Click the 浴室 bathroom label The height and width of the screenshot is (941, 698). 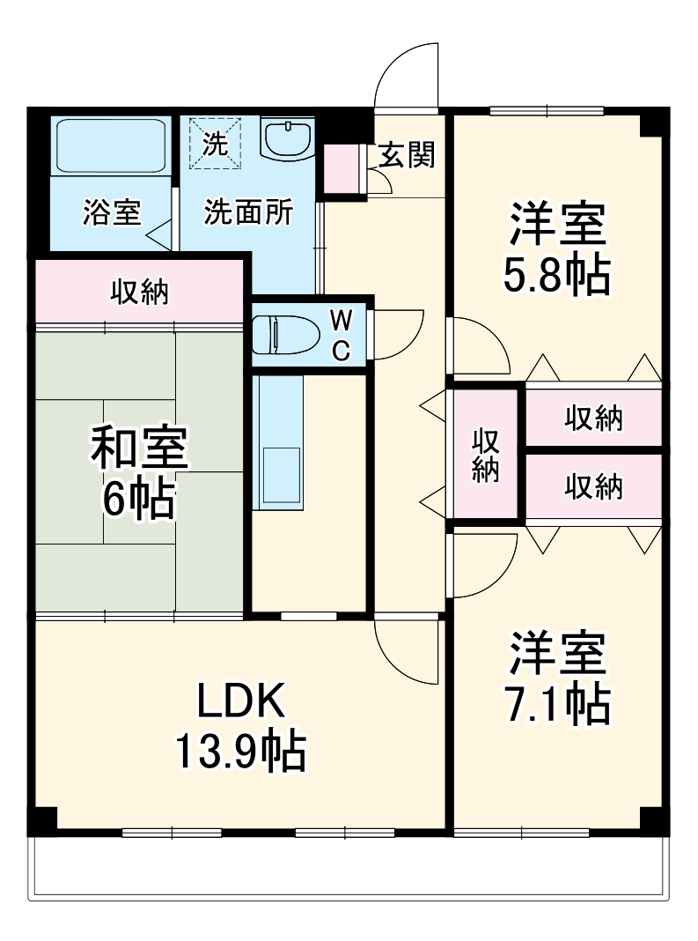pyautogui.click(x=112, y=213)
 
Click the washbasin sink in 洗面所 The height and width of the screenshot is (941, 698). pyautogui.click(x=288, y=139)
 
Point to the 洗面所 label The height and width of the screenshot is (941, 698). pyautogui.click(x=249, y=213)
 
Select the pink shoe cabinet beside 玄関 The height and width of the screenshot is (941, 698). pyautogui.click(x=342, y=169)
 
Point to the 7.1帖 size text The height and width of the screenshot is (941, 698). pyautogui.click(x=556, y=702)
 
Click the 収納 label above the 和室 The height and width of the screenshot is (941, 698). pyautogui.click(x=138, y=292)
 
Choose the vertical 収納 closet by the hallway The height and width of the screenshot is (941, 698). pyautogui.click(x=485, y=455)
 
